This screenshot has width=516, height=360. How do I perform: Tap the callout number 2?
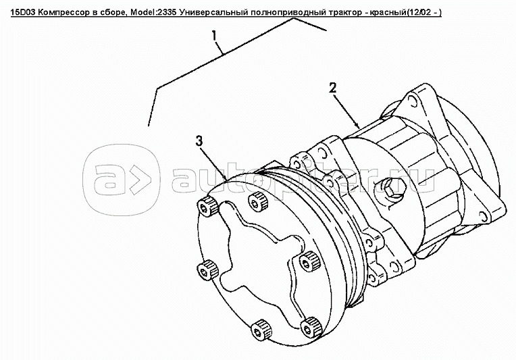(333, 88)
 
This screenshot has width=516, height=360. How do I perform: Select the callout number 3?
(199, 141)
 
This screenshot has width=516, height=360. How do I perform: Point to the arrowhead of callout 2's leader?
(357, 126)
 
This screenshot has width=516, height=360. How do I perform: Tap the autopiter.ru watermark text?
(301, 179)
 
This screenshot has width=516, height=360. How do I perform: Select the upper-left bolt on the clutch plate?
(207, 207)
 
